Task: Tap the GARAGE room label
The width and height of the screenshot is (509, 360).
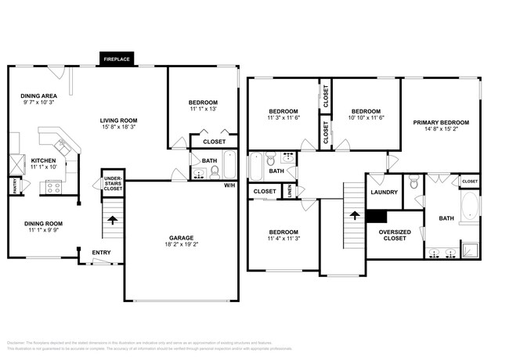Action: [x=181, y=237]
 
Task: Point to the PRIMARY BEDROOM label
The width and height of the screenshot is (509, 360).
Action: [x=441, y=123]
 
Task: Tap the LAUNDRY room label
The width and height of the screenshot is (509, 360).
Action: [x=384, y=193]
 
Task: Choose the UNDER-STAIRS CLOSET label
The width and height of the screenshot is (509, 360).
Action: [x=113, y=184]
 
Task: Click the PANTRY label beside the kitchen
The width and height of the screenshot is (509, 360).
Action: [x=14, y=185]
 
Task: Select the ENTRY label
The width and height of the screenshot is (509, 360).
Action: [x=102, y=252]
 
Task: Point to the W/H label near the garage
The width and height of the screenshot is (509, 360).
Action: [x=229, y=185]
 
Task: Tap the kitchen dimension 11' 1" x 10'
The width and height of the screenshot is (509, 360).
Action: [x=43, y=167]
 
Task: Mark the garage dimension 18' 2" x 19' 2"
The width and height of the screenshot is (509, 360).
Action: [x=181, y=245]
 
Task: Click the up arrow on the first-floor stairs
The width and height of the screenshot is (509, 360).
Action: [x=112, y=221]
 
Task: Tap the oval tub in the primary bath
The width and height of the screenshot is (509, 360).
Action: [x=469, y=208]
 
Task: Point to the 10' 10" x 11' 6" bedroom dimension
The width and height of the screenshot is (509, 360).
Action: [x=365, y=118]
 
